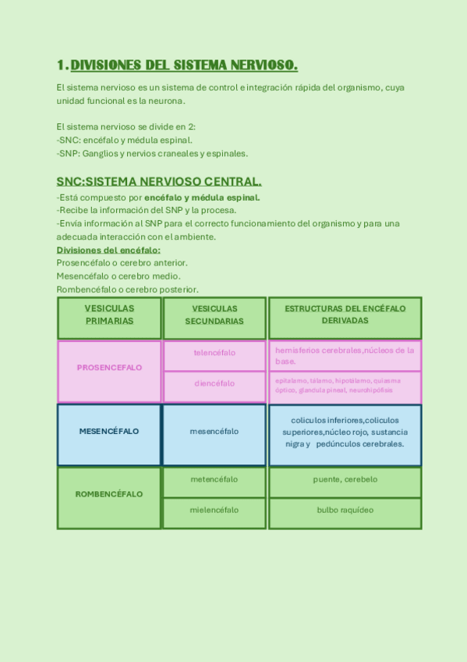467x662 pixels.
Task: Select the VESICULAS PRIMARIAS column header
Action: point(109,315)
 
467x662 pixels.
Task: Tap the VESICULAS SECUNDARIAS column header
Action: point(214,315)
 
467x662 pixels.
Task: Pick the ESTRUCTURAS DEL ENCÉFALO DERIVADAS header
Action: point(345,315)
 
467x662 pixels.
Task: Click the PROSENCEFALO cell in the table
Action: point(109,368)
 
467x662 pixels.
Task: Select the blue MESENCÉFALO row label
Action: point(109,432)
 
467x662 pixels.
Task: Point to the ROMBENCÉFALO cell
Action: point(109,494)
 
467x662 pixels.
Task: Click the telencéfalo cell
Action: point(214,353)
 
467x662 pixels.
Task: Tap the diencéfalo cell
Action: point(214,383)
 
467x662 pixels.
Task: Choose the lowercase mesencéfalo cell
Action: point(214,432)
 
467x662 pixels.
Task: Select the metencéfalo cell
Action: point(214,479)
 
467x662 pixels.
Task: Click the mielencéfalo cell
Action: point(214,510)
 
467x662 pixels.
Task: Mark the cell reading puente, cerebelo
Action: point(345,479)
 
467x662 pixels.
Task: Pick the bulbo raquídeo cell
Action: point(345,510)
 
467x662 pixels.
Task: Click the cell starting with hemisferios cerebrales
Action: point(345,355)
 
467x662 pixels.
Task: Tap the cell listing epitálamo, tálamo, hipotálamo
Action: point(345,385)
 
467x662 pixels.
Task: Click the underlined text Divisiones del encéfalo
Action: point(108,250)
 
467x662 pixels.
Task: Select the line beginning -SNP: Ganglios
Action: point(152,153)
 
